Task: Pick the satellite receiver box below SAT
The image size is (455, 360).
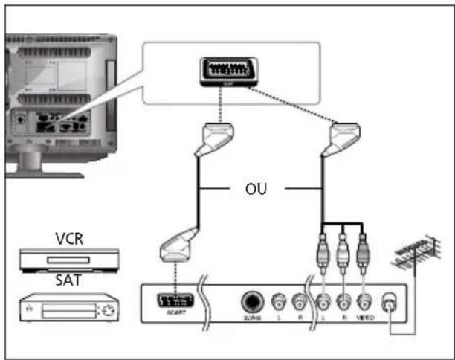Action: (68, 307)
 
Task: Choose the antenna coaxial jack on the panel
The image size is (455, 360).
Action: (389, 303)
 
